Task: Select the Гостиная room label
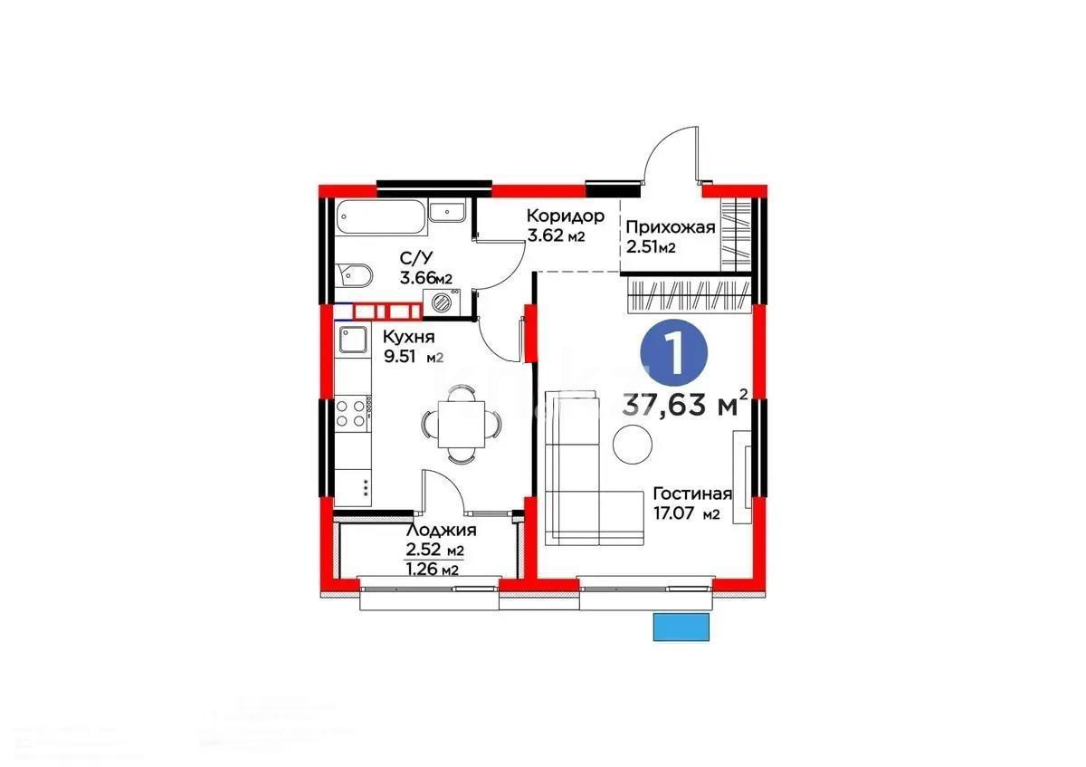click(691, 494)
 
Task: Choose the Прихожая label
click(671, 227)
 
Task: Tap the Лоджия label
click(442, 531)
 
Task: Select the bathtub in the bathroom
click(376, 217)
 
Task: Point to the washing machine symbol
click(443, 303)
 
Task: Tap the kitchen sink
click(352, 340)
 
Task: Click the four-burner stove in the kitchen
click(351, 413)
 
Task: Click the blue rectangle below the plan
click(681, 627)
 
